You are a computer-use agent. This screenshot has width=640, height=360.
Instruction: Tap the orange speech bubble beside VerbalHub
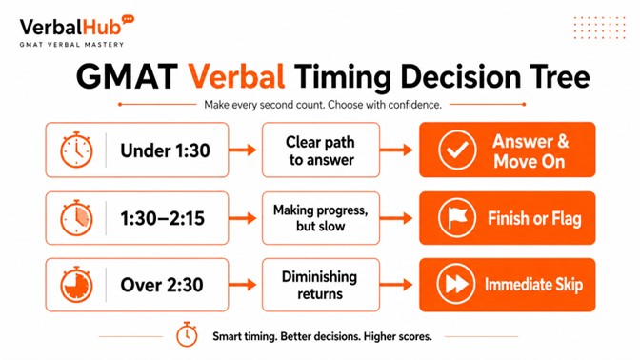(129, 19)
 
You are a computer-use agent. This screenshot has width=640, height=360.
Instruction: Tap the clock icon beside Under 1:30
(76, 150)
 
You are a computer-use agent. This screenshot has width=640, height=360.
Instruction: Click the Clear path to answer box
(320, 150)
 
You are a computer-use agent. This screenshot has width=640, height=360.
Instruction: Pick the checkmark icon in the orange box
(457, 150)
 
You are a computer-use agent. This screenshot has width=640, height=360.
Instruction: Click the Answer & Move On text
(530, 150)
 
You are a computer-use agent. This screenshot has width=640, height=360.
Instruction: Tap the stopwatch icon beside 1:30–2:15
(76, 218)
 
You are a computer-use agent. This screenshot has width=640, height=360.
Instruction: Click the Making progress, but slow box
(320, 218)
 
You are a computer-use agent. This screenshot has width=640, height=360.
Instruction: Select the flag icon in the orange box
(457, 218)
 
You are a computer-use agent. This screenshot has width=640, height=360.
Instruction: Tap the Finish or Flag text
(533, 218)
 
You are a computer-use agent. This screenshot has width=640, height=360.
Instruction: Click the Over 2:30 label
(159, 285)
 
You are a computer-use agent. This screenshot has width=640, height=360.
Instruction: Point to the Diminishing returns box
(320, 285)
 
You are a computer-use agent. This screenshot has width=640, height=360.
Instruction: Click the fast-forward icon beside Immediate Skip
(457, 285)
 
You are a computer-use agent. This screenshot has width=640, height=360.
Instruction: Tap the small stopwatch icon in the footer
(187, 335)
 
